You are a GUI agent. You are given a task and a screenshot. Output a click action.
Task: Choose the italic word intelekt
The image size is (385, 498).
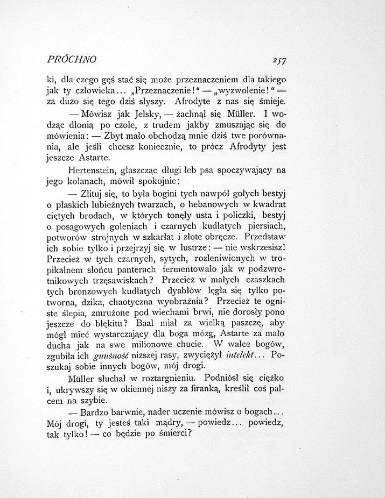229,355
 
